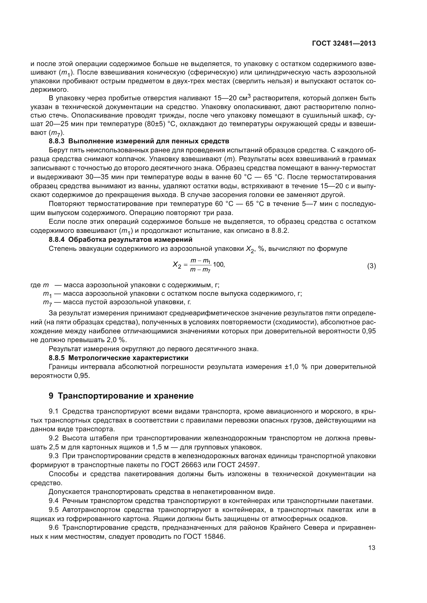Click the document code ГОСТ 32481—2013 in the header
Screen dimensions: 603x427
click(344, 44)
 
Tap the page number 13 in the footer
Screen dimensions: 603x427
click(372, 548)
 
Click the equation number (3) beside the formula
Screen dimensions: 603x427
click(371, 266)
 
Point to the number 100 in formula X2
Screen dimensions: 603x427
click(218, 264)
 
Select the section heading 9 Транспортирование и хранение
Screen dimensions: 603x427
click(121, 396)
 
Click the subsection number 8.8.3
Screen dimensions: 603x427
click(57, 141)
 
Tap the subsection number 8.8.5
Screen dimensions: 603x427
click(57, 358)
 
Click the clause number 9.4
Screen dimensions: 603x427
click(54, 501)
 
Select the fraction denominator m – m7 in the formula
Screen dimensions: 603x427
click(200, 269)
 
